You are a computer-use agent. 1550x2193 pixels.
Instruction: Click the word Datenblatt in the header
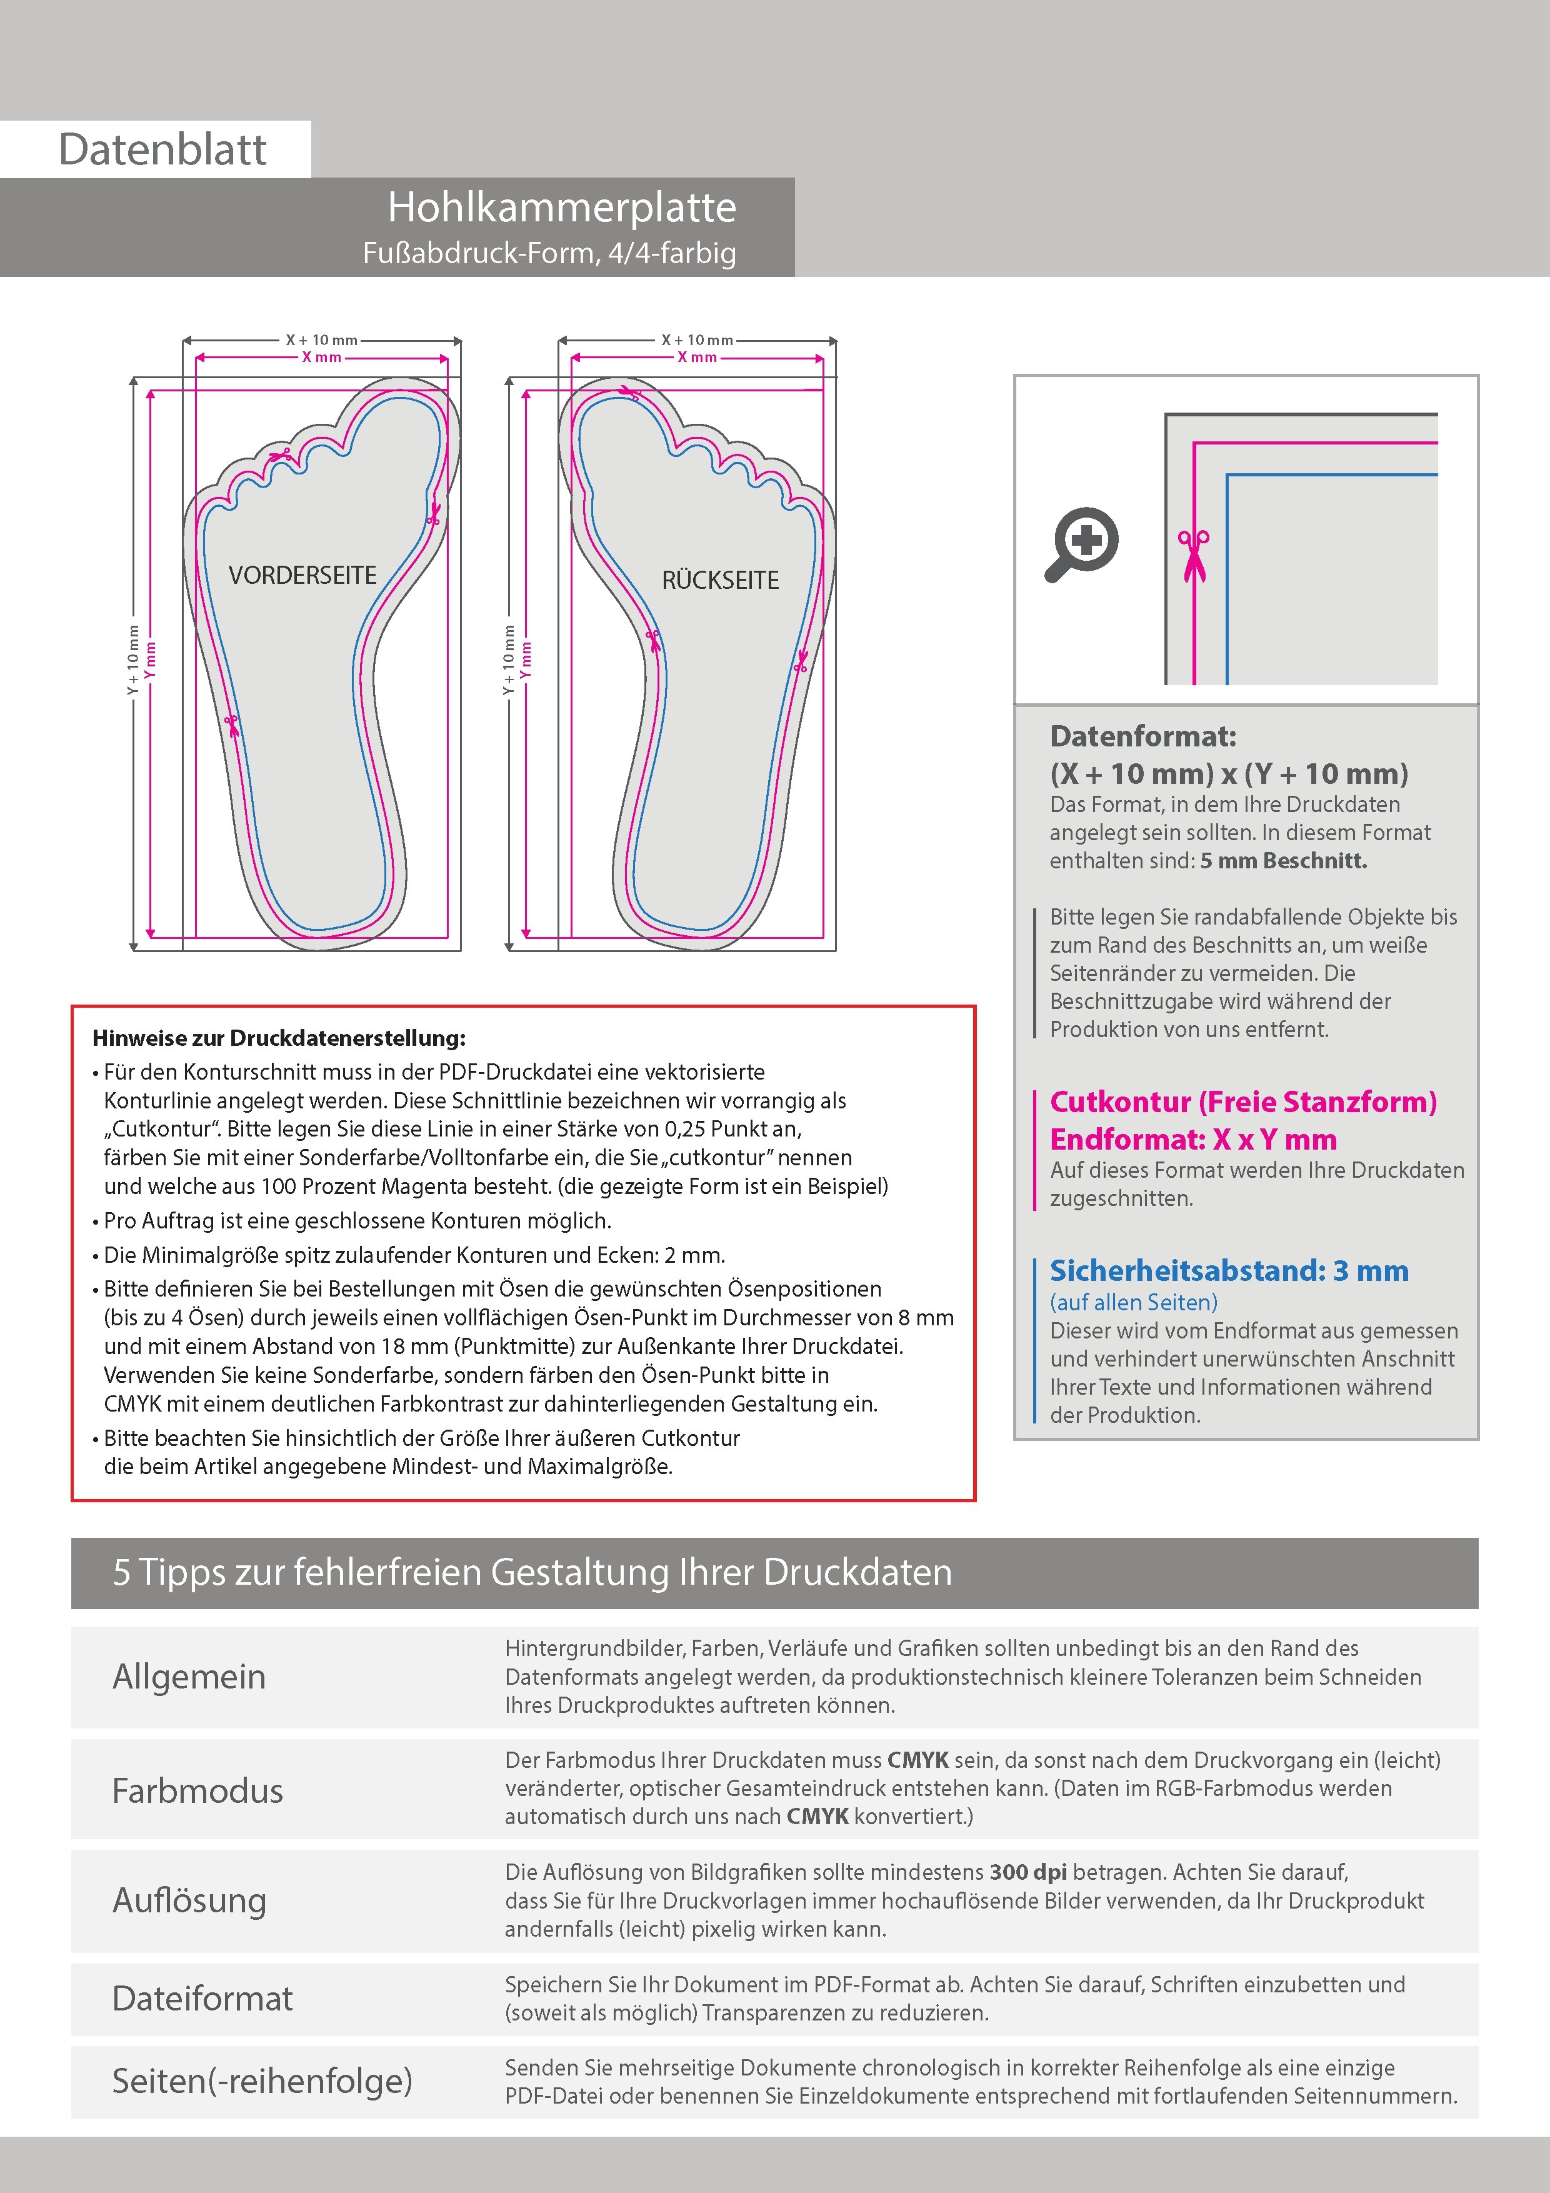click(162, 149)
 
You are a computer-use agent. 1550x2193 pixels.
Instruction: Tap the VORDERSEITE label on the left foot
click(302, 575)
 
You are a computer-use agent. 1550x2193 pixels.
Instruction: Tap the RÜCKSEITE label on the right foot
click(720, 580)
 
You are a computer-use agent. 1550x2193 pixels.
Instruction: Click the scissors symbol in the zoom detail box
click(1193, 554)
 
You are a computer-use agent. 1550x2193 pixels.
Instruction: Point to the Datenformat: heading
click(1142, 736)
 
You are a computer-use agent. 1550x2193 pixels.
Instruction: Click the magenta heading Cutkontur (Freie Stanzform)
click(1242, 1102)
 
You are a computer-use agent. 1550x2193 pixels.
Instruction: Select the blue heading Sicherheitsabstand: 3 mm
click(1228, 1272)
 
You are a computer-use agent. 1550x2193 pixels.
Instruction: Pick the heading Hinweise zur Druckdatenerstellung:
click(279, 1038)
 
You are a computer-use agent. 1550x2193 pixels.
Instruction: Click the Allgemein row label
click(189, 1676)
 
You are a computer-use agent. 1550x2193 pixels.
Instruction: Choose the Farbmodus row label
click(197, 1790)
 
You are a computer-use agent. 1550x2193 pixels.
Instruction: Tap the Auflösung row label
click(189, 1900)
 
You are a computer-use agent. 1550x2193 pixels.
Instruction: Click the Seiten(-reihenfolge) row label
click(262, 2080)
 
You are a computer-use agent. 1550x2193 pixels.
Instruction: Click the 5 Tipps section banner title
click(532, 1572)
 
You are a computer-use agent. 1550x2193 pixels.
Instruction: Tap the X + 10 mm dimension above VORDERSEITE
click(322, 340)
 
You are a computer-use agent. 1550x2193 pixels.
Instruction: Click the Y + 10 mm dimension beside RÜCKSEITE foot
click(508, 659)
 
